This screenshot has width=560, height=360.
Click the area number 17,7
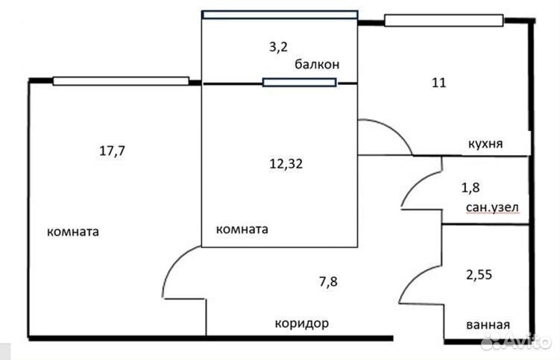pyautogui.click(x=112, y=151)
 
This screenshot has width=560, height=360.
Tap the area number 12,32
pyautogui.click(x=286, y=164)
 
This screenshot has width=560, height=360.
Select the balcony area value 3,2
pyautogui.click(x=278, y=47)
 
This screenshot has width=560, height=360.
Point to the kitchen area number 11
pyautogui.click(x=439, y=83)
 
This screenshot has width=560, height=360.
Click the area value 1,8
pyautogui.click(x=471, y=188)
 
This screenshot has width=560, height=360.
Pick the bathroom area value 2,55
pyautogui.click(x=479, y=274)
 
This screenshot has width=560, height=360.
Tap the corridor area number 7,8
pyautogui.click(x=328, y=282)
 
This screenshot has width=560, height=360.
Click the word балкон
pyautogui.click(x=317, y=65)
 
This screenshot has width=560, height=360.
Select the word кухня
pyautogui.click(x=485, y=144)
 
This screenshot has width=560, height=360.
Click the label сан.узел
pyautogui.click(x=492, y=207)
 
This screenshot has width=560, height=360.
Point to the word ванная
pyautogui.click(x=488, y=325)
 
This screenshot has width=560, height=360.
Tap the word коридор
pyautogui.click(x=302, y=323)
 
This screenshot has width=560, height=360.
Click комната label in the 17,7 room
pyautogui.click(x=73, y=232)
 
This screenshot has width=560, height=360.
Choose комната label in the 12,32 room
pyautogui.click(x=242, y=229)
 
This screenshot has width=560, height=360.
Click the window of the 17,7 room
pyautogui.click(x=121, y=81)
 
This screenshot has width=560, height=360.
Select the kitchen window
pyautogui.click(x=444, y=20)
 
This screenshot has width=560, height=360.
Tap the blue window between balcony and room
pyautogui.click(x=299, y=83)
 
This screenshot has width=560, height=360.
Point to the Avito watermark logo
pyautogui.click(x=515, y=342)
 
